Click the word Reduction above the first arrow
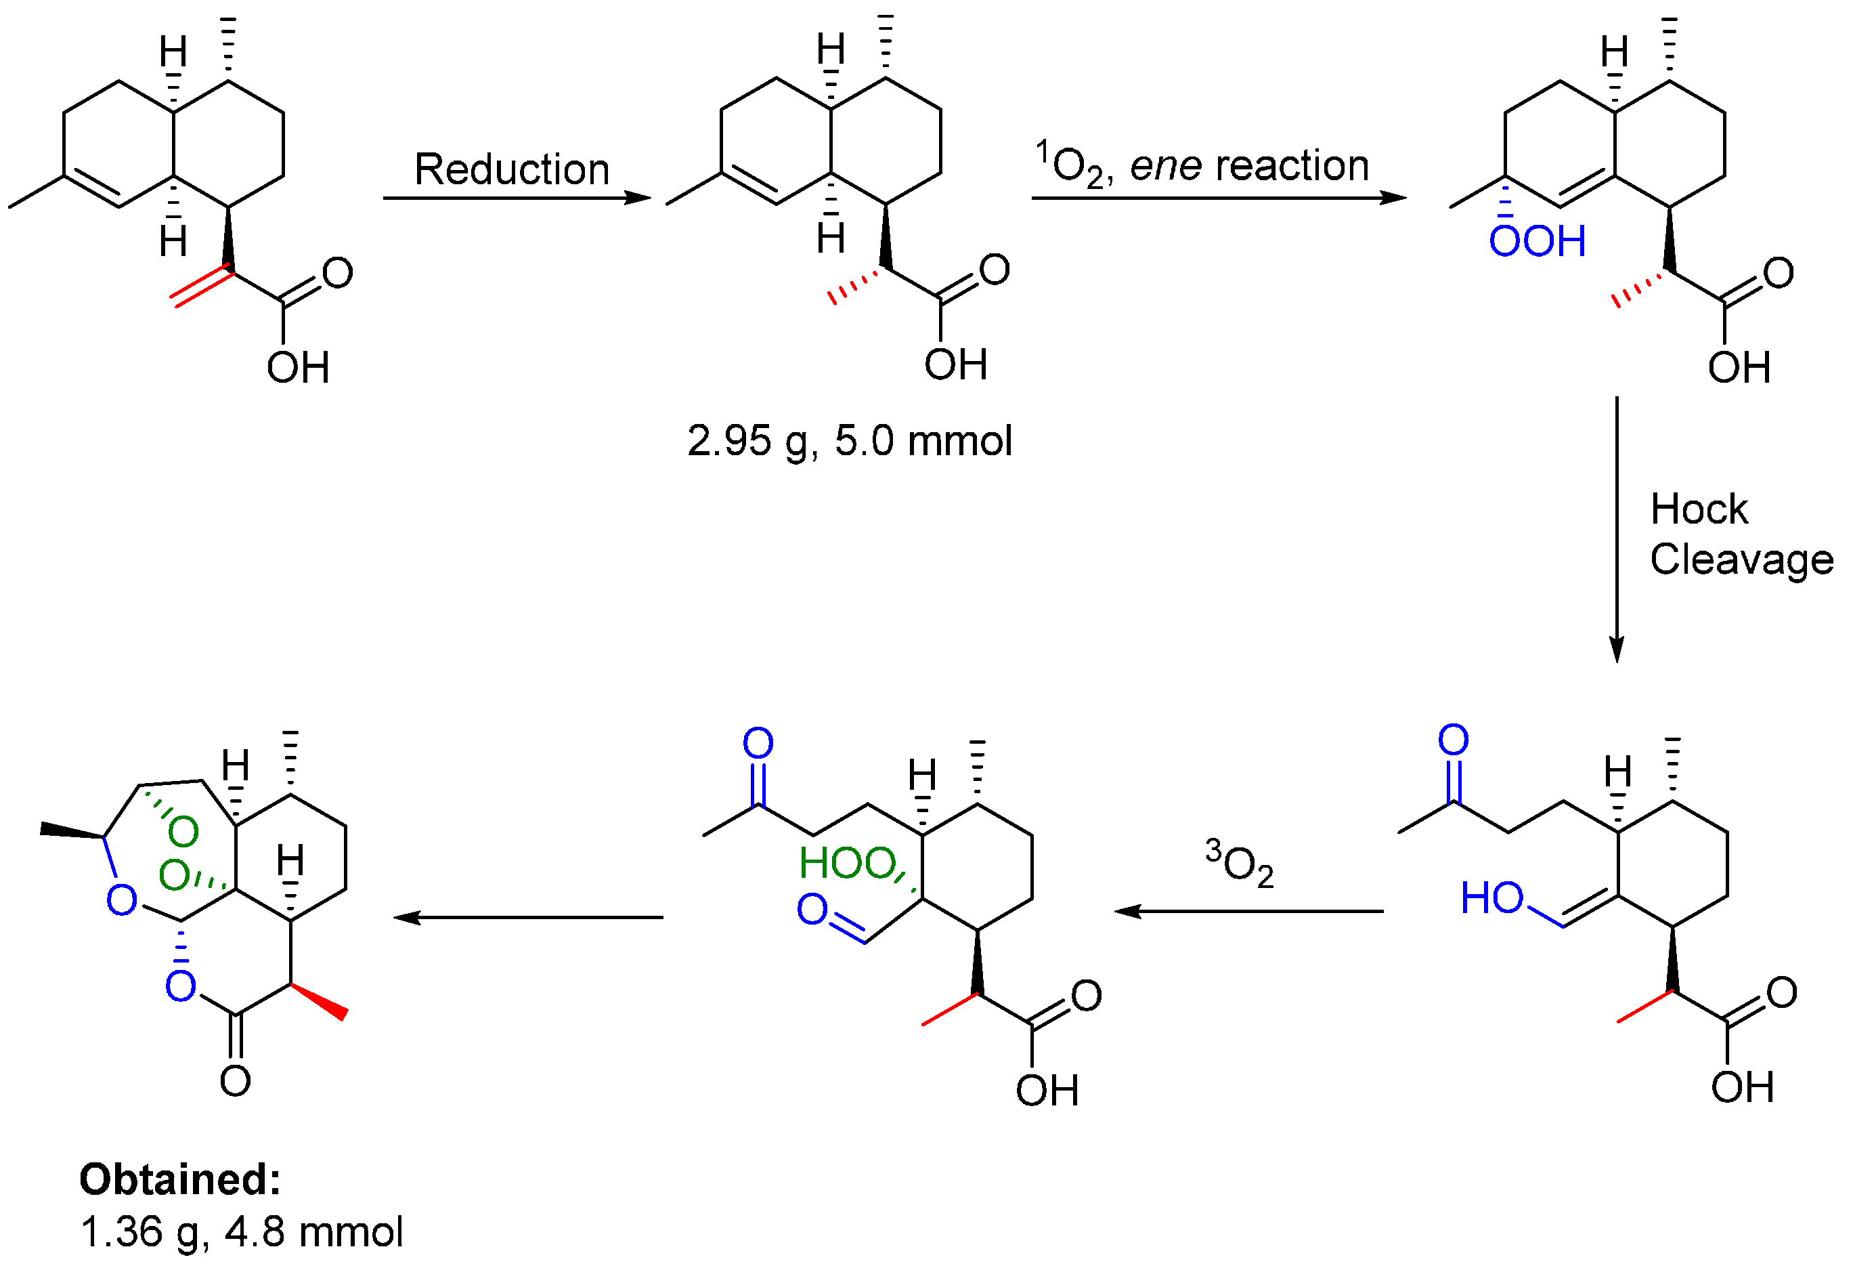tap(512, 169)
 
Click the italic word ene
tap(1166, 166)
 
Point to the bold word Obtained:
tap(180, 1179)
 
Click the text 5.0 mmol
tap(923, 440)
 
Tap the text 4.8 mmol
tap(314, 1231)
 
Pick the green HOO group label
tap(847, 863)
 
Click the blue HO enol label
tap(1491, 898)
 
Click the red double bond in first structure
tap(201, 288)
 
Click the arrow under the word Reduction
tap(517, 198)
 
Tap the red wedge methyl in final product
tap(320, 1001)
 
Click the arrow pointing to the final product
tap(528, 918)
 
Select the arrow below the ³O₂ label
tap(1248, 911)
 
